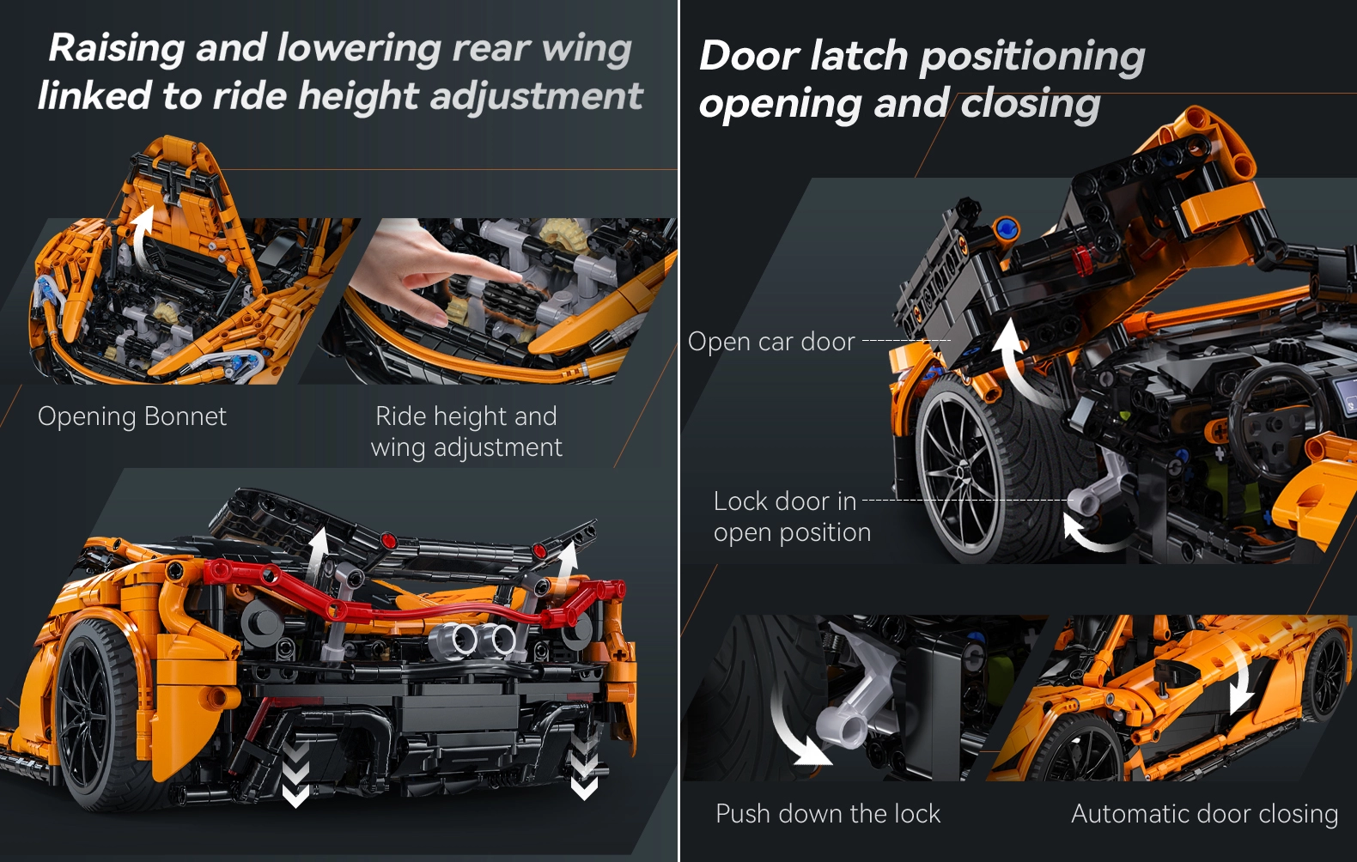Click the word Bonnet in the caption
(186, 416)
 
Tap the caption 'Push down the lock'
(828, 814)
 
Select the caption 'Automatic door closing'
(1204, 814)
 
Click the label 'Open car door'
(771, 342)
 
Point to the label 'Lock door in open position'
(792, 517)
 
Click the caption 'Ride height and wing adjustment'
(466, 431)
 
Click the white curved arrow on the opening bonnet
(141, 236)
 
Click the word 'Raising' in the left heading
(116, 48)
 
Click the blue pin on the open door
(1007, 228)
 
